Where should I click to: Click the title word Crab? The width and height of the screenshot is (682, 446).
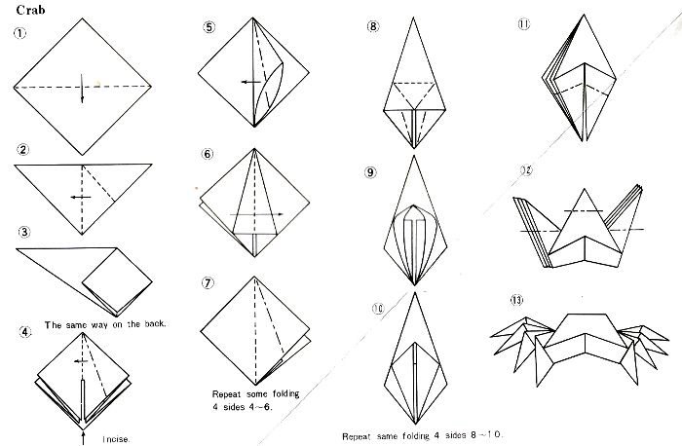click(30, 10)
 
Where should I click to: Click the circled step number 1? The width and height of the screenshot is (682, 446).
click(19, 33)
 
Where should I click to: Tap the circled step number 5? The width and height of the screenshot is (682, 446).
click(209, 27)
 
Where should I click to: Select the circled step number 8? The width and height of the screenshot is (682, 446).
click(373, 26)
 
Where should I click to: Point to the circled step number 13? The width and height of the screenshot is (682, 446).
click(517, 300)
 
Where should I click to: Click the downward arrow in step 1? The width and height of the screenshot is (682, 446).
click(82, 89)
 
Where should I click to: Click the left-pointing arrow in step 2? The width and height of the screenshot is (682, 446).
click(81, 198)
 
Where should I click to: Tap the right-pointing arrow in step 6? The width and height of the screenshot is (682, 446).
click(256, 214)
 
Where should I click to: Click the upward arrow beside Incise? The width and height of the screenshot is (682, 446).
click(83, 438)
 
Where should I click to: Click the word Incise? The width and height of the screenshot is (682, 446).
click(116, 439)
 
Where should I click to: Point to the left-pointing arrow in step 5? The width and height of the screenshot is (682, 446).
click(251, 82)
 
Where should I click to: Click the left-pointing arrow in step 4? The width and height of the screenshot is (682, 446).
click(81, 361)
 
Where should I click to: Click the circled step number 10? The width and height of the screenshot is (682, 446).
click(378, 309)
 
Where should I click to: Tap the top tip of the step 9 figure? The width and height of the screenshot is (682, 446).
click(414, 157)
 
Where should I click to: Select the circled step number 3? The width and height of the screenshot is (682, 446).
click(24, 232)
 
